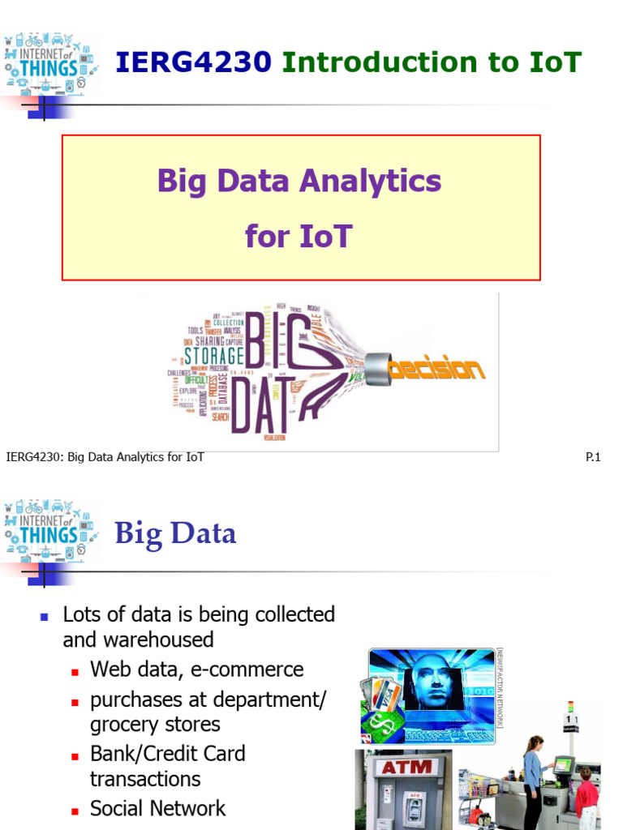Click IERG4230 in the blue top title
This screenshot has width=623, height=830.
pos(194,62)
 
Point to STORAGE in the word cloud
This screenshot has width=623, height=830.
pos(213,355)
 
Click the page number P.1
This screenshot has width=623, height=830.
pos(593,457)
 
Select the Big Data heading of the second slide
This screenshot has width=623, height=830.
pos(175,533)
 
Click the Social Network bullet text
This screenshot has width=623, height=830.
pos(158,808)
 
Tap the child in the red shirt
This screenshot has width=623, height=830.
pos(586,790)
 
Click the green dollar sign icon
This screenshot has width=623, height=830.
pos(377,723)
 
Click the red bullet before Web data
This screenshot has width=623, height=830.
pos(75,671)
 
